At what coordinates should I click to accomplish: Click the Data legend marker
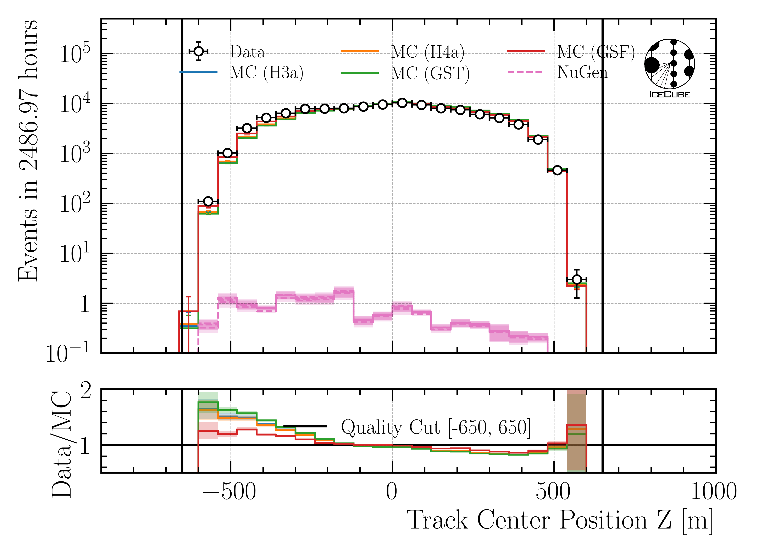click(199, 51)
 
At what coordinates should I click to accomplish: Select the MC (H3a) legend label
click(267, 72)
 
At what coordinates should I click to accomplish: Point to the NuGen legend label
click(582, 72)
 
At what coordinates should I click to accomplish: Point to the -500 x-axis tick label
click(229, 492)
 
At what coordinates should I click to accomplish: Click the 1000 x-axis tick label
click(713, 492)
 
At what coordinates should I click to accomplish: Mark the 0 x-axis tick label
click(392, 492)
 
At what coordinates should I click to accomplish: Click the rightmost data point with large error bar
click(577, 279)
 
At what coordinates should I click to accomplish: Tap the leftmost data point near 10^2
click(208, 201)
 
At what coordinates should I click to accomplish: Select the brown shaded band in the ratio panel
click(577, 433)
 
